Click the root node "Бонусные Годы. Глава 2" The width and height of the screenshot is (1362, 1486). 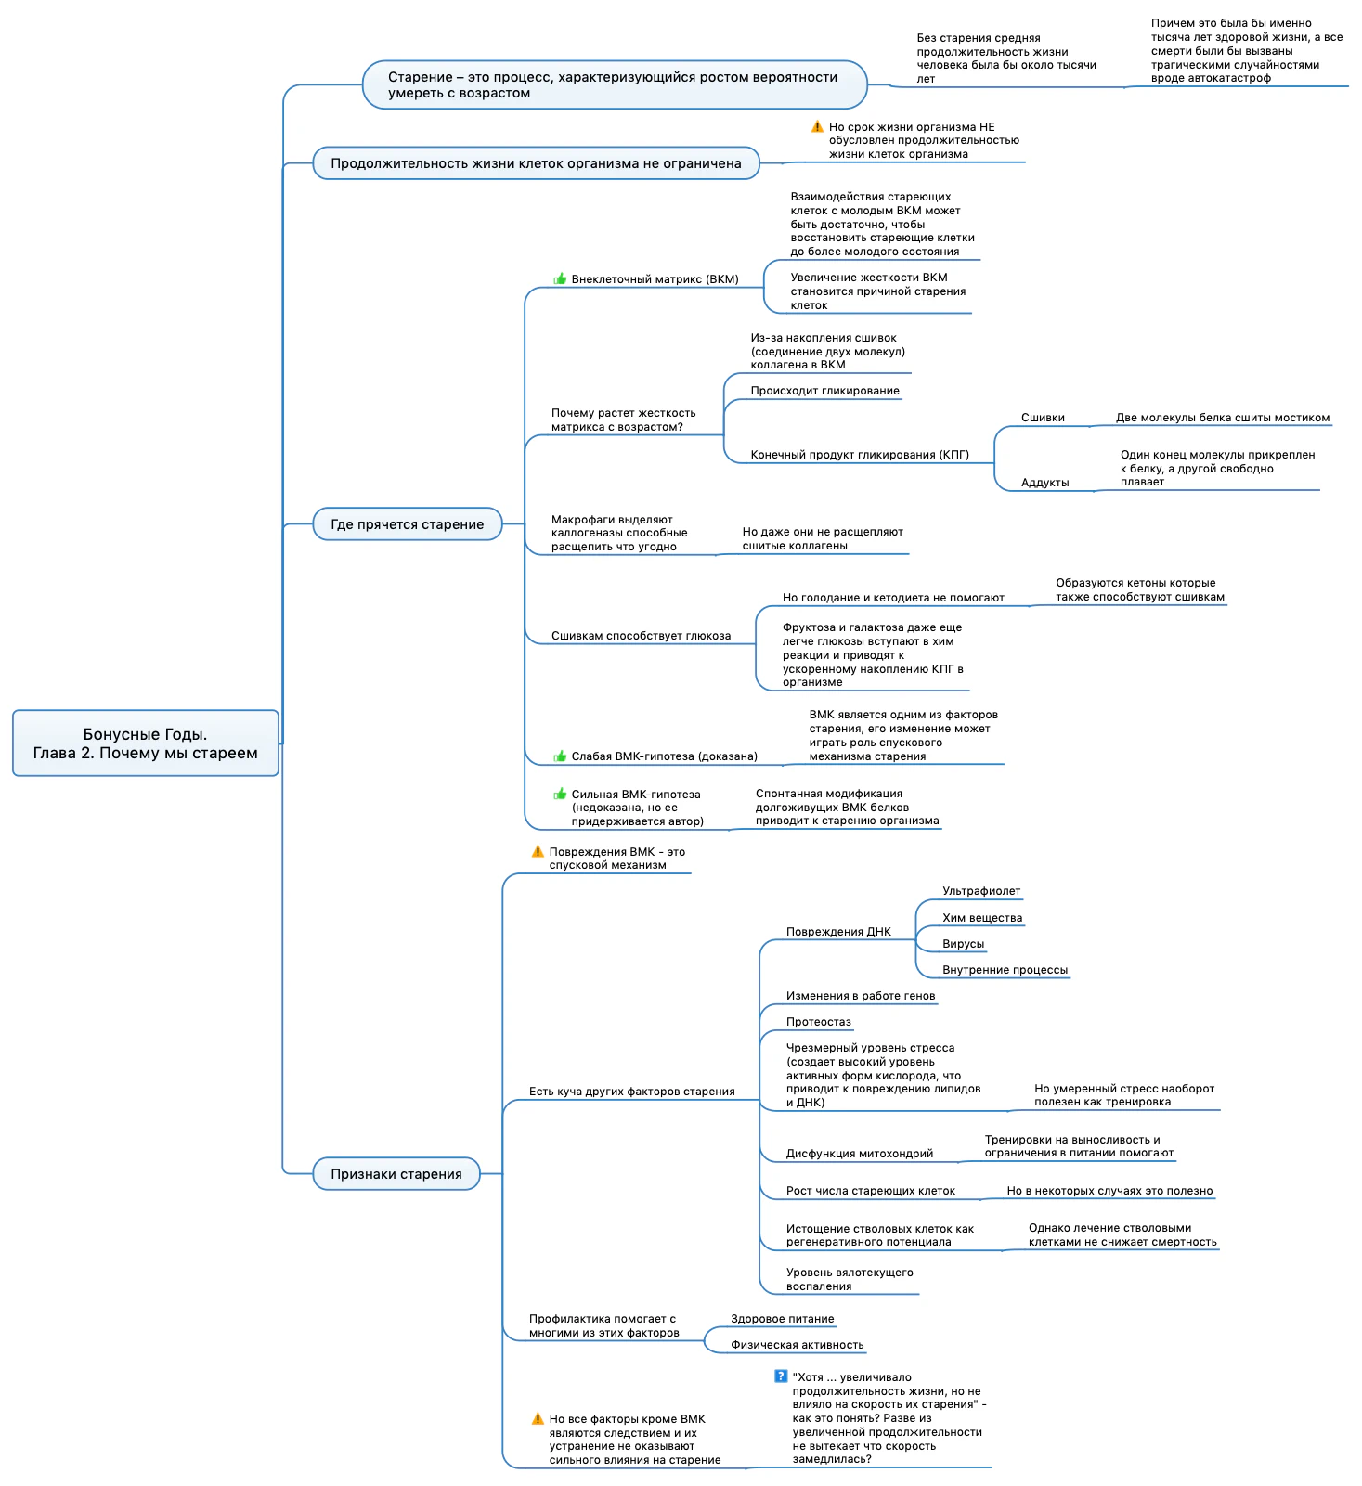146,743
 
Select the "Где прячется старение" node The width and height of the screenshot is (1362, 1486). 407,524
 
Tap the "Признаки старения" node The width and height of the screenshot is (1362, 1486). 396,1174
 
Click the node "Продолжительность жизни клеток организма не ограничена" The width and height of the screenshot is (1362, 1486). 536,163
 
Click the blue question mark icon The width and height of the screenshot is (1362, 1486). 781,1376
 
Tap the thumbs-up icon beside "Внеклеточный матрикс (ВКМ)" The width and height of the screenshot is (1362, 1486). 560,278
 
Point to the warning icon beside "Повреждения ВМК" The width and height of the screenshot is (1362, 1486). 538,851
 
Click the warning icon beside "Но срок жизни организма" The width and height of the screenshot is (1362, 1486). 817,126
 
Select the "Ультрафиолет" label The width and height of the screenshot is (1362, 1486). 981,891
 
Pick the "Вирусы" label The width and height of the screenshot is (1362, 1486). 963,944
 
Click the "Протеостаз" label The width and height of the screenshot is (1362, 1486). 818,1022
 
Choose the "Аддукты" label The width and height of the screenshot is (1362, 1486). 1044,483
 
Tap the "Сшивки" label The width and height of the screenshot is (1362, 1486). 1043,418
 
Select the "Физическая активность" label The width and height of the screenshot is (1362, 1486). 797,1345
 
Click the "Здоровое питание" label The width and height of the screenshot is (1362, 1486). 782,1319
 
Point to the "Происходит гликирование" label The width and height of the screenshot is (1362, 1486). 824,391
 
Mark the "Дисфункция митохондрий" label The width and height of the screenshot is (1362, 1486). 859,1154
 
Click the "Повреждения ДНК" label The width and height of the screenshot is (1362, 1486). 838,932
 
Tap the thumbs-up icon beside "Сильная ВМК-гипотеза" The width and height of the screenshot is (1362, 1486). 560,794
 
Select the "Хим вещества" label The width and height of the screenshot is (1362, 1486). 982,918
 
